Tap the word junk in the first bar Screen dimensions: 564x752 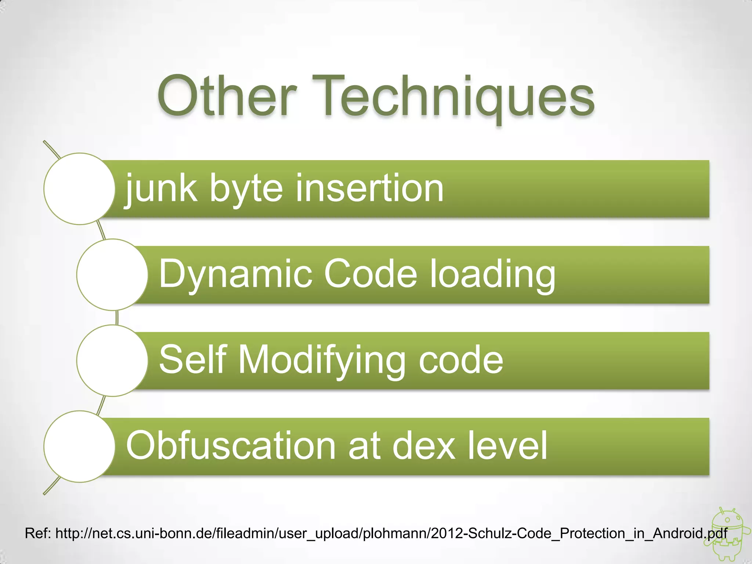click(160, 189)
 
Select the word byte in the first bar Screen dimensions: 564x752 click(246, 189)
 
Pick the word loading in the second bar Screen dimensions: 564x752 click(492, 275)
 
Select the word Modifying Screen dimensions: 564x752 click(321, 361)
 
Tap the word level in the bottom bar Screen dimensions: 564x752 click(507, 446)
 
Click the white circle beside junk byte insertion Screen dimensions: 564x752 click(79, 189)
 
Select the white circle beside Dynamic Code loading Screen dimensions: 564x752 click(112, 275)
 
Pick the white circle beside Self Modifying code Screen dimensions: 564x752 click(112, 361)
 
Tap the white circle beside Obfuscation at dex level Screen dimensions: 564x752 click(79, 446)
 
